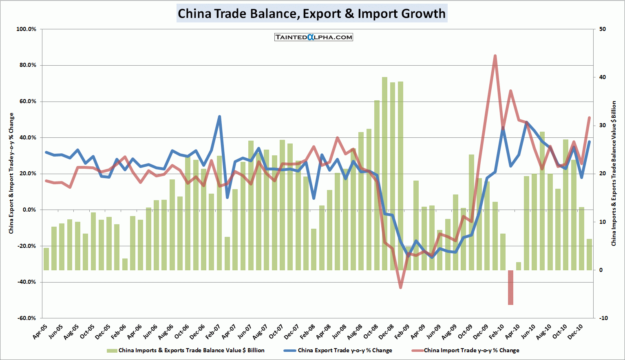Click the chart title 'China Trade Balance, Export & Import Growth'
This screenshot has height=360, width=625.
pyautogui.click(x=312, y=13)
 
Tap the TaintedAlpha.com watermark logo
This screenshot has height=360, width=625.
pyautogui.click(x=314, y=37)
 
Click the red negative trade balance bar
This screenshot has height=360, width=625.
pyautogui.click(x=510, y=287)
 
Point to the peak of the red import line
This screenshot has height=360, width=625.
pyautogui.click(x=495, y=56)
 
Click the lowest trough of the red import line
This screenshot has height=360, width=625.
pyautogui.click(x=400, y=287)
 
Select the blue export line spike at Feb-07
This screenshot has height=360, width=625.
pyautogui.click(x=219, y=117)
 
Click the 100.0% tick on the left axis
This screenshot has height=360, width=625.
pyautogui.click(x=27, y=29)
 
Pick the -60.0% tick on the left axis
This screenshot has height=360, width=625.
pyautogui.click(x=27, y=318)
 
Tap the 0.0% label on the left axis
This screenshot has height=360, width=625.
pyautogui.click(x=29, y=210)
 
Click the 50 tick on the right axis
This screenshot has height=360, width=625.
pyautogui.click(x=603, y=29)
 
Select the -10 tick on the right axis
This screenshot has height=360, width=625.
pyautogui.click(x=603, y=318)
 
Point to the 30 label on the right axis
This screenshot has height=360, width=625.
pyautogui.click(x=603, y=126)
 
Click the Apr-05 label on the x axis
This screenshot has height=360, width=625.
pyautogui.click(x=40, y=332)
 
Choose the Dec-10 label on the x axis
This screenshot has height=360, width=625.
pyautogui.click(x=575, y=332)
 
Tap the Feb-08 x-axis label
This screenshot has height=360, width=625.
pyautogui.click(x=307, y=332)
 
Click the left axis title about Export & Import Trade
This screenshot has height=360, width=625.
pyautogui.click(x=11, y=173)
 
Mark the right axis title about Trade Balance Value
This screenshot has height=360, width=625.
pyautogui.click(x=614, y=173)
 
